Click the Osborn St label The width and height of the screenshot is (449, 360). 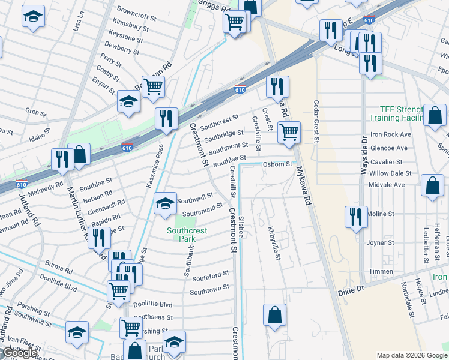(277, 164)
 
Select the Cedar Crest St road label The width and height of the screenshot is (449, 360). (315, 122)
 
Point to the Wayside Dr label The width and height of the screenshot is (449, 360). (364, 155)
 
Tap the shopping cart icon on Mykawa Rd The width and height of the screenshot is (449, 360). (289, 132)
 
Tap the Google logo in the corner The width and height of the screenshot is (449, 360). (20, 353)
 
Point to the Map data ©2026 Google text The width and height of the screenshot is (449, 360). (411, 355)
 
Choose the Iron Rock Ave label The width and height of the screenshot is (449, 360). (389, 134)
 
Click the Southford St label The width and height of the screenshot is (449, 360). (211, 275)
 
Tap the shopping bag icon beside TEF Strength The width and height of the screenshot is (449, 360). (435, 116)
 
